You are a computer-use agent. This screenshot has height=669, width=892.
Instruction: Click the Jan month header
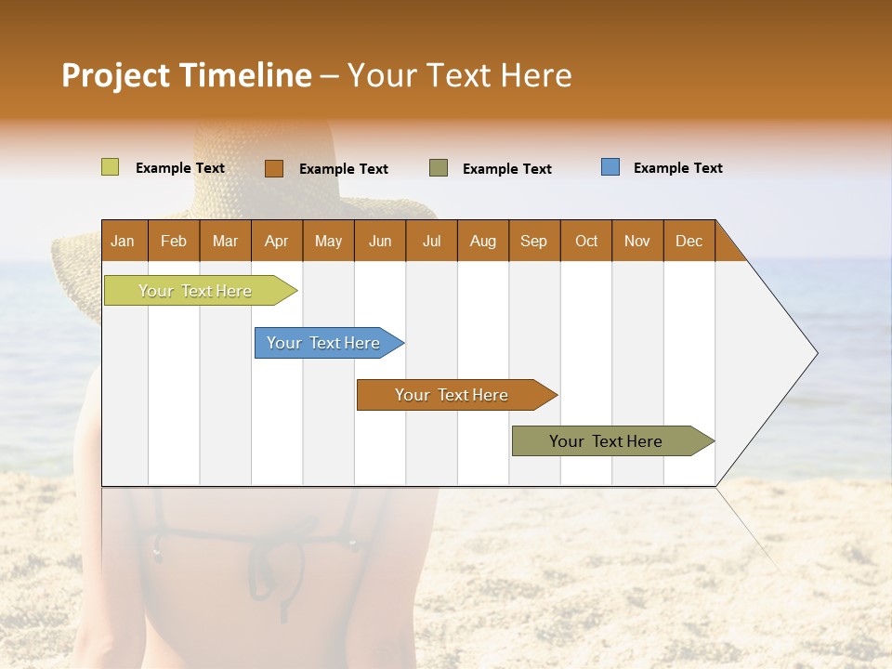(124, 241)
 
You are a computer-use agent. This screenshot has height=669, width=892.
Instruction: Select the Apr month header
(277, 241)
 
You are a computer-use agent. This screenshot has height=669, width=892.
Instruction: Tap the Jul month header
(431, 241)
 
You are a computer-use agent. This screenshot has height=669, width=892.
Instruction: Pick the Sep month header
(534, 241)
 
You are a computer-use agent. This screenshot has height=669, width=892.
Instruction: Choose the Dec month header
(689, 241)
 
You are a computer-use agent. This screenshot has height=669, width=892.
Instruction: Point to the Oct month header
(586, 241)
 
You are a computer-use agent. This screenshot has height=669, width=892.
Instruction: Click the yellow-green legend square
(110, 167)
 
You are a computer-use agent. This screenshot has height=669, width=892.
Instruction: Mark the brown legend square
(273, 168)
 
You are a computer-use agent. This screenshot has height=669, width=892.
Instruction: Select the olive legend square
(439, 168)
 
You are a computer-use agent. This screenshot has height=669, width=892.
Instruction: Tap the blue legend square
(610, 167)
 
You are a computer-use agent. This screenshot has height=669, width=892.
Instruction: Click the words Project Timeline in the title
(187, 75)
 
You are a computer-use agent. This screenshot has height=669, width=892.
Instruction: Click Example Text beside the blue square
(677, 168)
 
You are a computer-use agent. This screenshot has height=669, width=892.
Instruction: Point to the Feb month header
(174, 241)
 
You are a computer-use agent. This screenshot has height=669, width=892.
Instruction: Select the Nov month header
(637, 241)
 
